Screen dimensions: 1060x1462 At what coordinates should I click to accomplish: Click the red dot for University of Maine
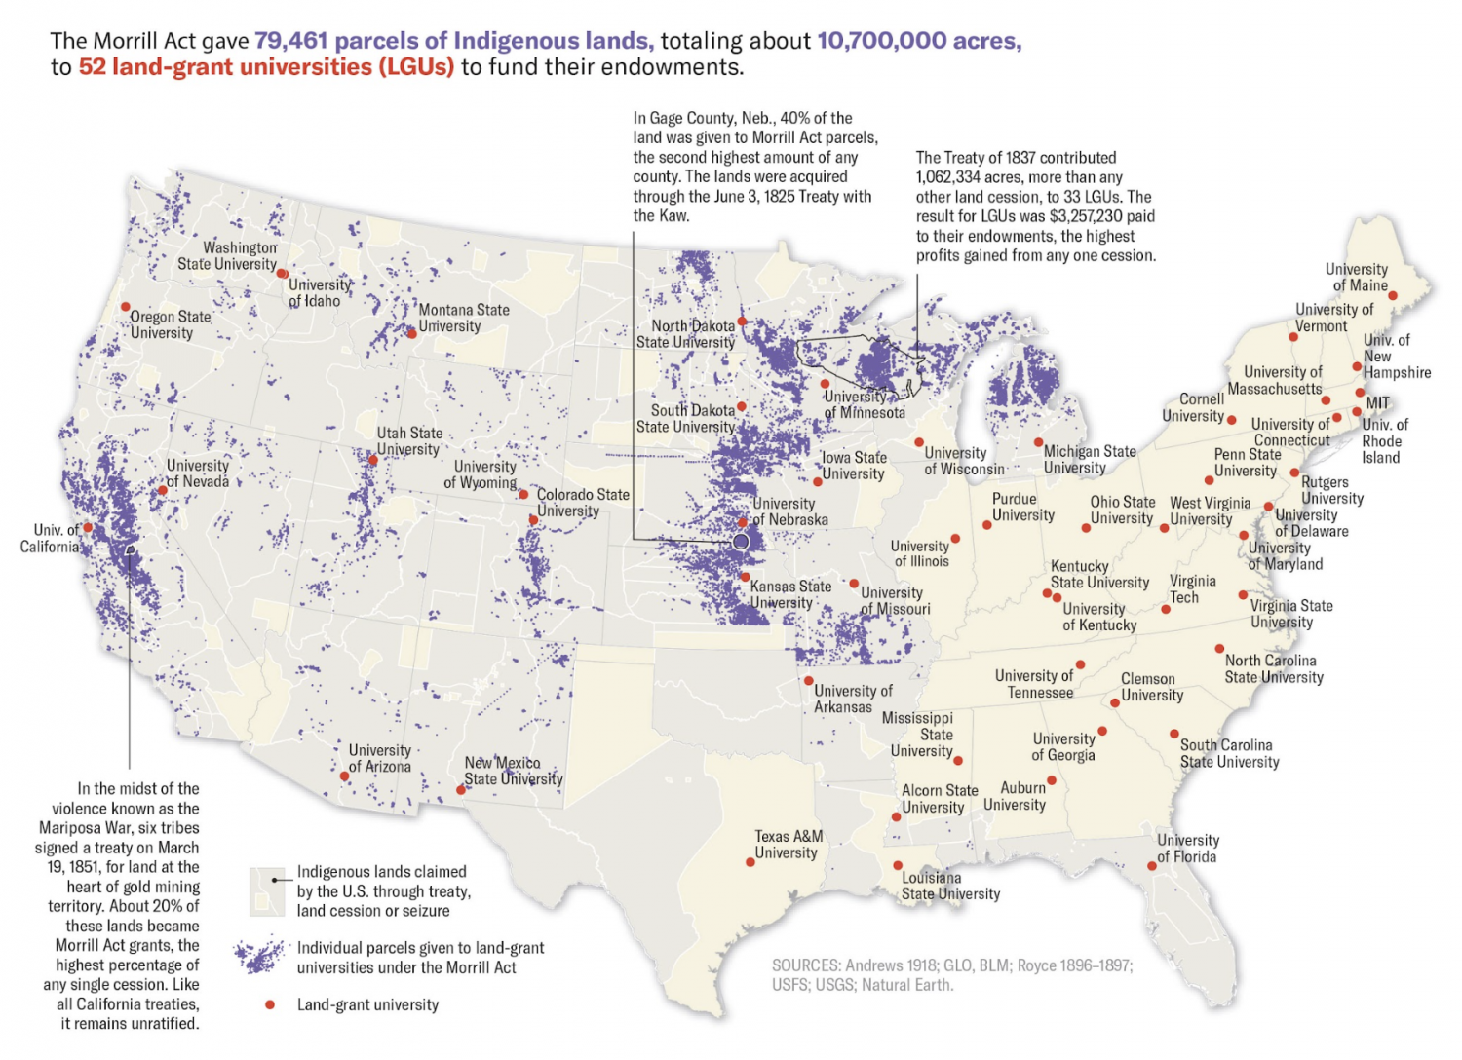click(1392, 296)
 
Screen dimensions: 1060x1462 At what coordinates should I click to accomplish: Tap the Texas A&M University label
click(788, 845)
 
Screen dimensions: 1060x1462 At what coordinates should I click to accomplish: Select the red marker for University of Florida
click(1151, 866)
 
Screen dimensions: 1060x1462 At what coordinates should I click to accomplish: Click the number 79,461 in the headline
click(290, 41)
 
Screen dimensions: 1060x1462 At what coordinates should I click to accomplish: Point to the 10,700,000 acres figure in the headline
click(918, 41)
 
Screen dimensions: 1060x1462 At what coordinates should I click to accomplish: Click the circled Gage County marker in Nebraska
click(741, 542)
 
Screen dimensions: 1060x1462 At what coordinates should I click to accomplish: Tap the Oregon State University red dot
click(126, 307)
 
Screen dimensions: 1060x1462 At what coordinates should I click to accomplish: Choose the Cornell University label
click(1193, 407)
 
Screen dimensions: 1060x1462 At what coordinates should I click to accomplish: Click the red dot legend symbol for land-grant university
click(270, 1004)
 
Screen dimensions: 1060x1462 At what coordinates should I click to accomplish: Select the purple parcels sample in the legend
click(259, 957)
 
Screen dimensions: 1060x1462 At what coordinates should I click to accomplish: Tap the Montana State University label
click(463, 318)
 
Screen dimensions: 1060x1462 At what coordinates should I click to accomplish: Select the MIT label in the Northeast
click(1377, 402)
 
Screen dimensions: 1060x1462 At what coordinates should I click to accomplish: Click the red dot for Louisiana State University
click(898, 865)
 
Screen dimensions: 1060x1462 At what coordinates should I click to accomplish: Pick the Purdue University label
click(1022, 507)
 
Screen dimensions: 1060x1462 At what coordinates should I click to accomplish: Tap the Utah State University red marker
click(373, 460)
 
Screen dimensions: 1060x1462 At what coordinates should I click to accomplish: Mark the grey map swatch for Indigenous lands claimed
click(266, 891)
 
